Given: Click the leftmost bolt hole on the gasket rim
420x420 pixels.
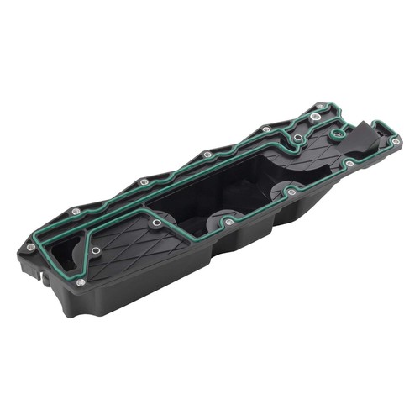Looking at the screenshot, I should (x=31, y=246).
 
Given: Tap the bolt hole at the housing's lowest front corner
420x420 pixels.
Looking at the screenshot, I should (x=81, y=282).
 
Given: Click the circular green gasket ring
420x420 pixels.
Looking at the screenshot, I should (x=338, y=133).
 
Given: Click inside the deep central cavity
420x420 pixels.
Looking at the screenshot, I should (x=210, y=189).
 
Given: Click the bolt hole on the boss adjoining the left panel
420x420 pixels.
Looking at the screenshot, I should (x=156, y=223).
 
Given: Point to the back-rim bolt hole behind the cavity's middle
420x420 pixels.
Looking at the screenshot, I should (x=207, y=155).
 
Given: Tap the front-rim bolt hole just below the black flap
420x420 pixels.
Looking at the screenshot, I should (x=348, y=163).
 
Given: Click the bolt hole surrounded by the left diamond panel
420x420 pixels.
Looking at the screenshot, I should (x=95, y=250).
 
